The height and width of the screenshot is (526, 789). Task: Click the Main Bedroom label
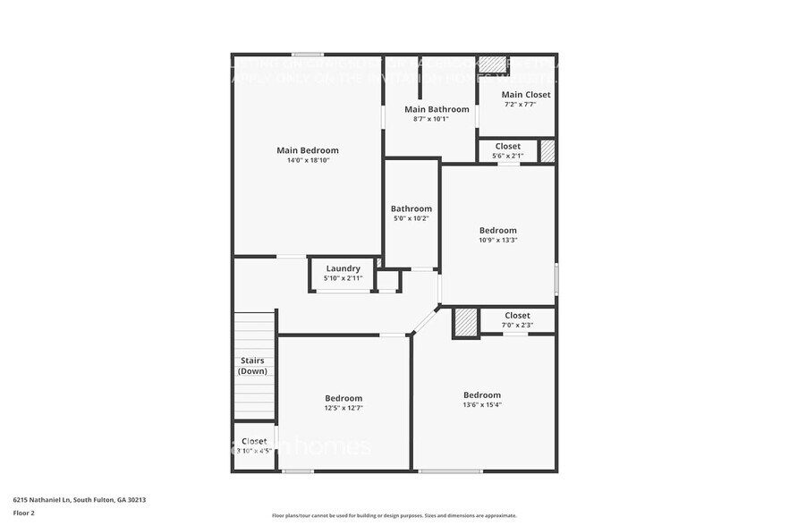[x=308, y=150]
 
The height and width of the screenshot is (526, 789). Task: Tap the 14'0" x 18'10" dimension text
[x=308, y=161]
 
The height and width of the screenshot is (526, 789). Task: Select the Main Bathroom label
[x=430, y=109]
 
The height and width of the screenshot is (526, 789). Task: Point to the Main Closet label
[x=525, y=95]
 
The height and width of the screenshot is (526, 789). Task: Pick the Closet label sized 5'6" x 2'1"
[x=507, y=146]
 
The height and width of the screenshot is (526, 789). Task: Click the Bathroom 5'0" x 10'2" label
[x=411, y=209]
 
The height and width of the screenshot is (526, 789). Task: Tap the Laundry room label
[x=343, y=268]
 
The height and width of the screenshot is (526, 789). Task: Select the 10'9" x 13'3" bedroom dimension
[x=497, y=240]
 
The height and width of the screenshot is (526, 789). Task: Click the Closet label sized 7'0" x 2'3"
[x=517, y=315]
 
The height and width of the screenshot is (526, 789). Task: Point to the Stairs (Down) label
[x=253, y=366]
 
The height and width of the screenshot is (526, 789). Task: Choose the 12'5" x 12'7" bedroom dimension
[x=344, y=408]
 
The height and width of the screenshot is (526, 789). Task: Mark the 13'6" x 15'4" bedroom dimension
[x=481, y=405]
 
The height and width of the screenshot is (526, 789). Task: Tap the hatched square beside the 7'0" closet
[x=465, y=323]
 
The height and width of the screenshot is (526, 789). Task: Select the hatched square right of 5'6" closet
[x=547, y=151]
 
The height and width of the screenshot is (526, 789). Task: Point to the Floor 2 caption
[x=24, y=513]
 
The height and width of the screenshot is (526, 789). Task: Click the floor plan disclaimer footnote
[x=394, y=515]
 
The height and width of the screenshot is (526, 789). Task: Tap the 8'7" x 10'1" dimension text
[x=430, y=119]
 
